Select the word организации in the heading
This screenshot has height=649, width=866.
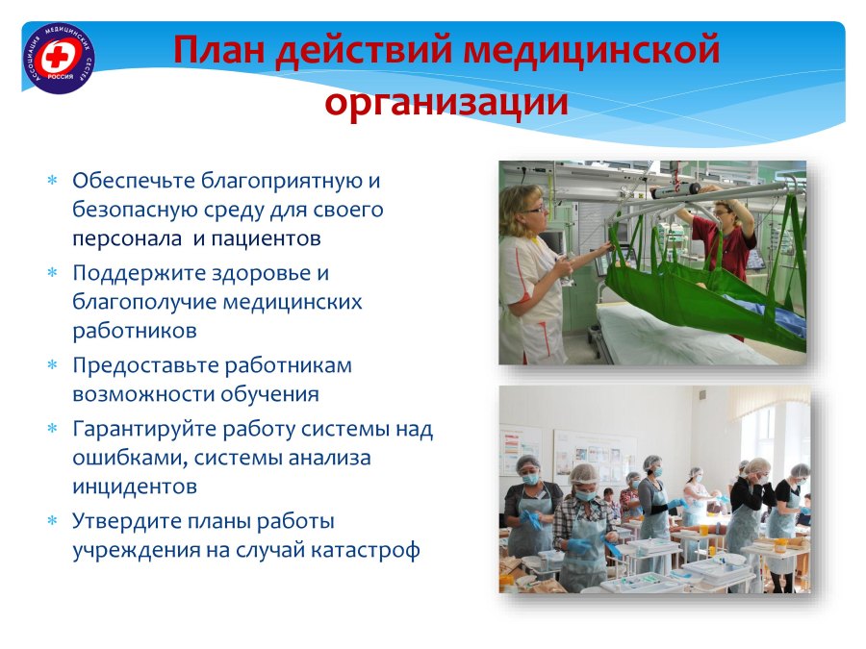(446, 102)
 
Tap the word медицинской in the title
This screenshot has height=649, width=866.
(592, 50)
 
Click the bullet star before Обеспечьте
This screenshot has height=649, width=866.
(53, 180)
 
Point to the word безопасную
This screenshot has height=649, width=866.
(133, 210)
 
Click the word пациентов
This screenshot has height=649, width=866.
(267, 238)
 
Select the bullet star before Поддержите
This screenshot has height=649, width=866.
(53, 273)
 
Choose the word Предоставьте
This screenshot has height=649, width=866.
(145, 365)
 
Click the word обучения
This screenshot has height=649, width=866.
(270, 394)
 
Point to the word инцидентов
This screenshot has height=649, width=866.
(135, 487)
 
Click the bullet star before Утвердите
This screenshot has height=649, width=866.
(53, 521)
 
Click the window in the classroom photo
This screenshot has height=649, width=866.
(774, 436)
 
